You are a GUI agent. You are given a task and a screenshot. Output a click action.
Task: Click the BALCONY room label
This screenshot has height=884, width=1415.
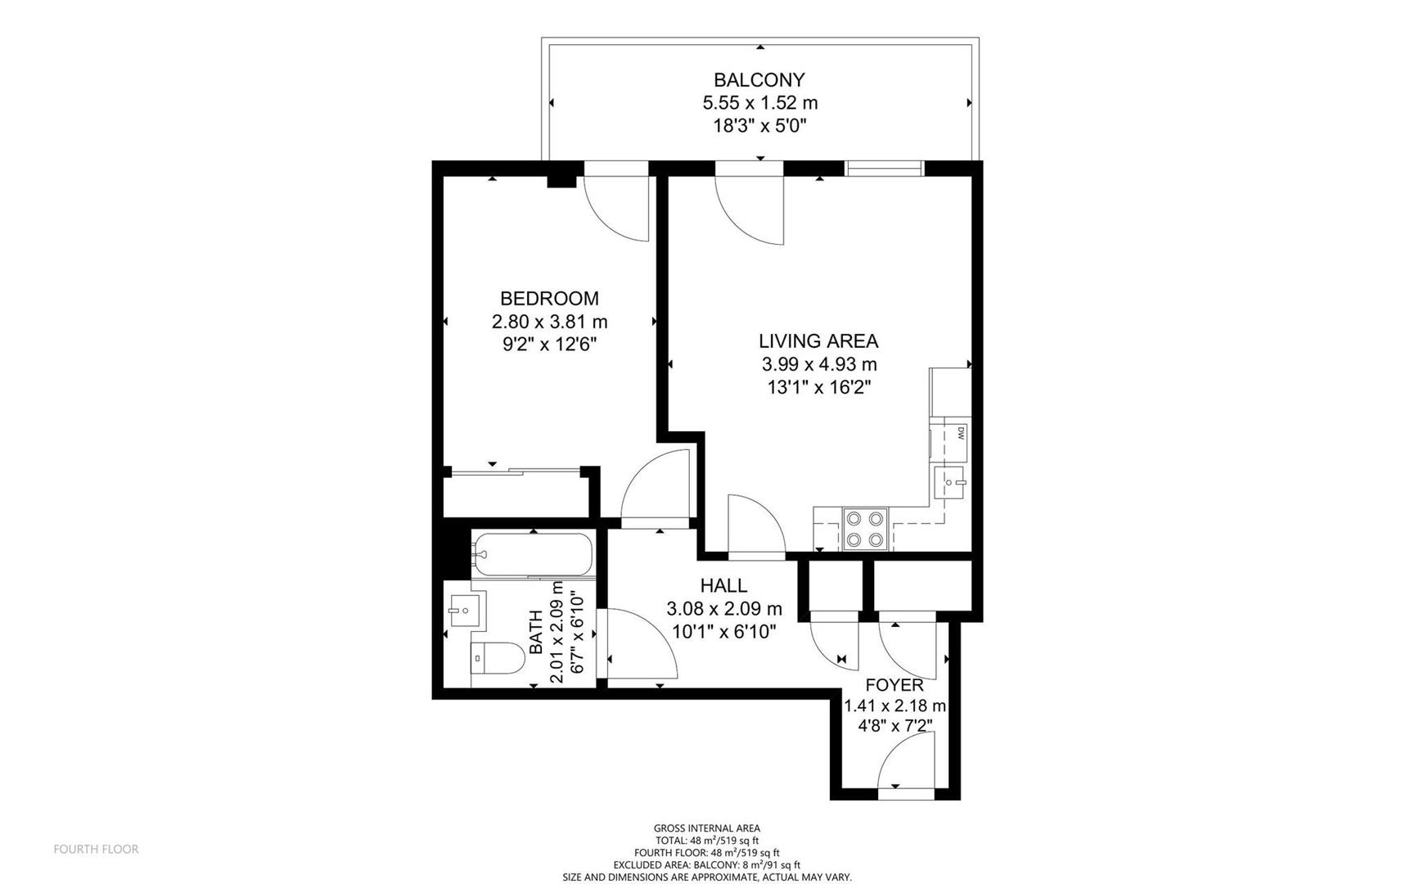coord(759,79)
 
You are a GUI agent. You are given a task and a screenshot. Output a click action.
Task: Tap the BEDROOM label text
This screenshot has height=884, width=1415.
coord(549,298)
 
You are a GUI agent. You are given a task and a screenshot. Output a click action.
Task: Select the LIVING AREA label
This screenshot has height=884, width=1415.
coord(818,341)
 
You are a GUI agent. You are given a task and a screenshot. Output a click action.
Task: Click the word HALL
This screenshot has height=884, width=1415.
coord(723,585)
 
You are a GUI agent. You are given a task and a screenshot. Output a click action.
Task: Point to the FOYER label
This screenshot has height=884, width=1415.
coord(895,684)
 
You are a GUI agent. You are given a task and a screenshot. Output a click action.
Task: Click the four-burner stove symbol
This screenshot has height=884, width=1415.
coord(865,529)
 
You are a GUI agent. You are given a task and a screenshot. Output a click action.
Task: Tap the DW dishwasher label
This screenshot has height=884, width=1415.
coord(961,433)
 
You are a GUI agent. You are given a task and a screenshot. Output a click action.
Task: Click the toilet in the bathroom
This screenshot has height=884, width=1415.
coord(498,658)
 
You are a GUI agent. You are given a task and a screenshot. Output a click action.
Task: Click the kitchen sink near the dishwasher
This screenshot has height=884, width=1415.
coord(949,482)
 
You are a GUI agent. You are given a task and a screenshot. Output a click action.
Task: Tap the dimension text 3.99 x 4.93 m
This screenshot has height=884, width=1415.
coord(818,364)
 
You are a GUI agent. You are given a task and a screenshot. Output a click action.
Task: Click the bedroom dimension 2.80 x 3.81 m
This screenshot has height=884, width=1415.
coord(549,322)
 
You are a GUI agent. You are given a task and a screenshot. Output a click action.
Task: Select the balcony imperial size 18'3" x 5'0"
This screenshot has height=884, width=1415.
coord(759,125)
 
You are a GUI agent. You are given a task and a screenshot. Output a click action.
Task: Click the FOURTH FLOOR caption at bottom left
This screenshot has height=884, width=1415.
coord(96,849)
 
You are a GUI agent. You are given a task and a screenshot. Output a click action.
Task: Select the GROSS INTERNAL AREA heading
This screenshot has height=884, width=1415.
coord(707,828)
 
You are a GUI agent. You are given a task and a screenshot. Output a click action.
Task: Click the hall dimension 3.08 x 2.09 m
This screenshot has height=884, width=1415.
coord(724,609)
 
